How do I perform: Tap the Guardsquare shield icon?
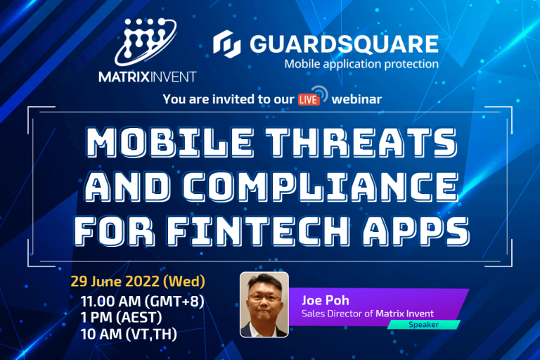tap(226, 45)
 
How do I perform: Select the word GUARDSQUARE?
tap(342, 44)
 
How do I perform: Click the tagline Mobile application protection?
tap(361, 64)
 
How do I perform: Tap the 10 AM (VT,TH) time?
tap(128, 334)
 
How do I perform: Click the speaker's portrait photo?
tap(264, 304)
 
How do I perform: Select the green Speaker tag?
tap(424, 325)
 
